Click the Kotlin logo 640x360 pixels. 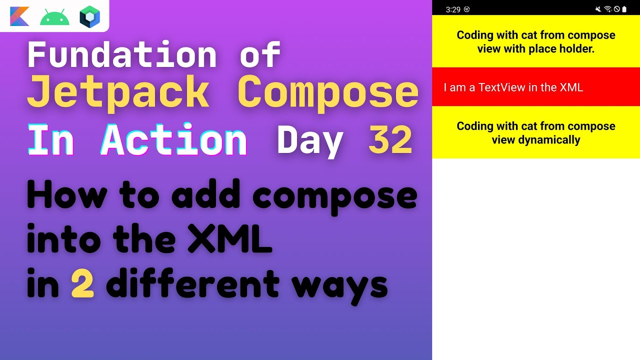click(x=19, y=16)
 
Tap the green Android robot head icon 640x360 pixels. click(x=54, y=17)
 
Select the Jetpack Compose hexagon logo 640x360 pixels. click(x=90, y=16)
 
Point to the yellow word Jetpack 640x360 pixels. click(x=118, y=92)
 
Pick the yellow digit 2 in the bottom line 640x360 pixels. click(x=82, y=284)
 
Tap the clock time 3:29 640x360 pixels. click(x=452, y=9)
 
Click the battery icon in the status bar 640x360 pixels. click(x=624, y=9)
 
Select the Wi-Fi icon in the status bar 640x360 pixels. click(x=608, y=9)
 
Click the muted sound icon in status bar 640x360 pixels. click(x=598, y=9)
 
